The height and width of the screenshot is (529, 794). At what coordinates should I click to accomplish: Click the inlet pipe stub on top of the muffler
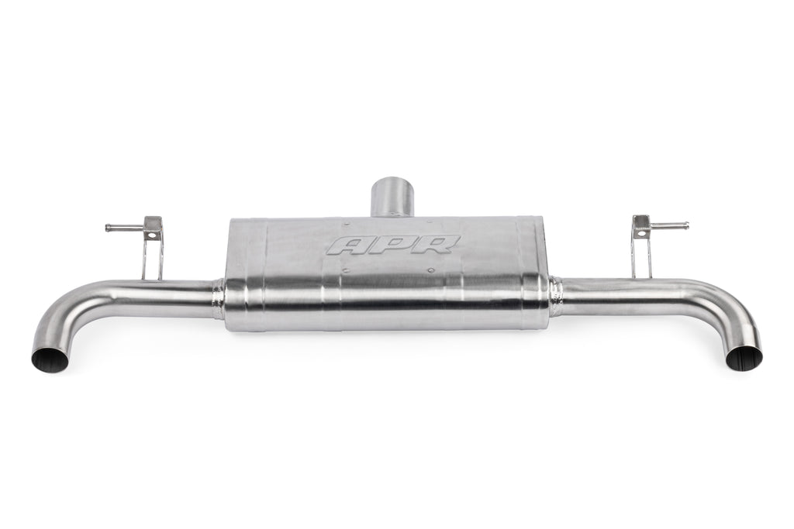pos(393,197)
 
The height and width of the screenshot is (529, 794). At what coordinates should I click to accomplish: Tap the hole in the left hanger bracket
pos(150,235)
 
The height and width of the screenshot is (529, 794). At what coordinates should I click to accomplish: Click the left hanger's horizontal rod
pos(125,228)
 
